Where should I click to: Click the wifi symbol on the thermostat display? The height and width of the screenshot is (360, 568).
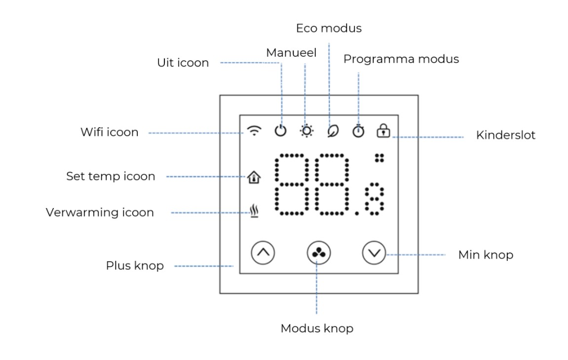point(254,131)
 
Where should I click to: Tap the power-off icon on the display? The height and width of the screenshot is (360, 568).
point(280,131)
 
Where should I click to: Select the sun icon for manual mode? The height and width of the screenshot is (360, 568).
point(306,131)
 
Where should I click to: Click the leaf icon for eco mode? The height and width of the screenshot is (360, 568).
point(333,131)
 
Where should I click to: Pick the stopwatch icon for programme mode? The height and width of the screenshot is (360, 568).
point(358,131)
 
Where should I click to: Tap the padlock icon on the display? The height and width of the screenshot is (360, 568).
point(383,131)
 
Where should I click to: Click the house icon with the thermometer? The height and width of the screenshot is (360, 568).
point(254,177)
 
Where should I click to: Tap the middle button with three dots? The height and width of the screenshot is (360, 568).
point(318,252)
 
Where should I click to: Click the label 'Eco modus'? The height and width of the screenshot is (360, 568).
point(329,28)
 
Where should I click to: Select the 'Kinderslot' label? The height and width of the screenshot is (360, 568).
point(505,135)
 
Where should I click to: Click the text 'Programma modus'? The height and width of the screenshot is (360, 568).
point(401,59)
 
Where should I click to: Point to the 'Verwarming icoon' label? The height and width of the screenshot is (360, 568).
point(100,212)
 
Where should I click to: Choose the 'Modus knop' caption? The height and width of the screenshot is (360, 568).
point(317,328)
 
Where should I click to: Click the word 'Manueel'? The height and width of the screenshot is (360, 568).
point(291,53)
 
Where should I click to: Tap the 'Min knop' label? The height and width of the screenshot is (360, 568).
point(486,255)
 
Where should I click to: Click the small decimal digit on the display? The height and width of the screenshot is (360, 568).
point(374,199)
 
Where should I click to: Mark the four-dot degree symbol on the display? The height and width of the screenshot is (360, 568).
point(379,158)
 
